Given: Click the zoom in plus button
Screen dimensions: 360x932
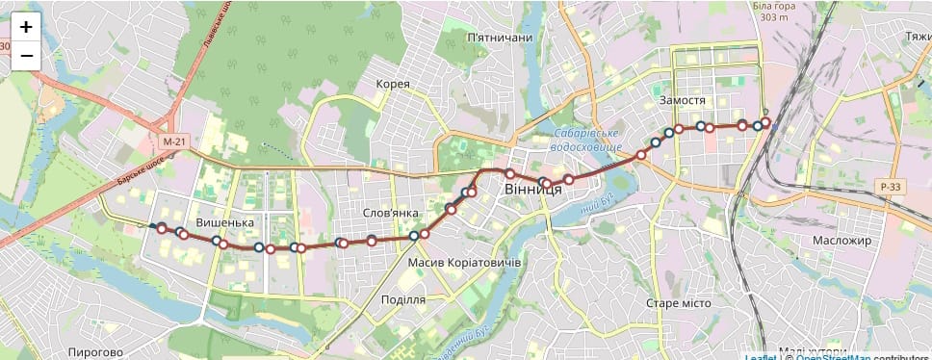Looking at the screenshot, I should coord(26,27).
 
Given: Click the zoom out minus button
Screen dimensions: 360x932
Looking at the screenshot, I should coord(26,55).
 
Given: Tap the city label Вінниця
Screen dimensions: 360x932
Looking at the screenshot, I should coord(532,190).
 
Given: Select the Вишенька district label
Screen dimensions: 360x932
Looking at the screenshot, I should coord(224,223).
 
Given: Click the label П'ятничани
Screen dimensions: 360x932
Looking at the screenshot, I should coord(499,38).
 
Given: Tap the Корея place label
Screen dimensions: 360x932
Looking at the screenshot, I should coord(393,84).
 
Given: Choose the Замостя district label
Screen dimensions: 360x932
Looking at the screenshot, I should coord(684,100).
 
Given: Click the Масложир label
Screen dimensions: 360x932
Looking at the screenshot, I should coord(841,240).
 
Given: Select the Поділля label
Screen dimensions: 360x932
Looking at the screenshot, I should coord(402,299).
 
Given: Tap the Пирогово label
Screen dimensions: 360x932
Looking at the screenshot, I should coord(96,352).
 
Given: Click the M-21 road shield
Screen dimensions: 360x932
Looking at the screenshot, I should coord(173,141).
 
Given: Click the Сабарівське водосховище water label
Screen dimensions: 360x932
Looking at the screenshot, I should coord(587,141).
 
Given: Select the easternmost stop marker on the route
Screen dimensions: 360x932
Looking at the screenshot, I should coord(767,121).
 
